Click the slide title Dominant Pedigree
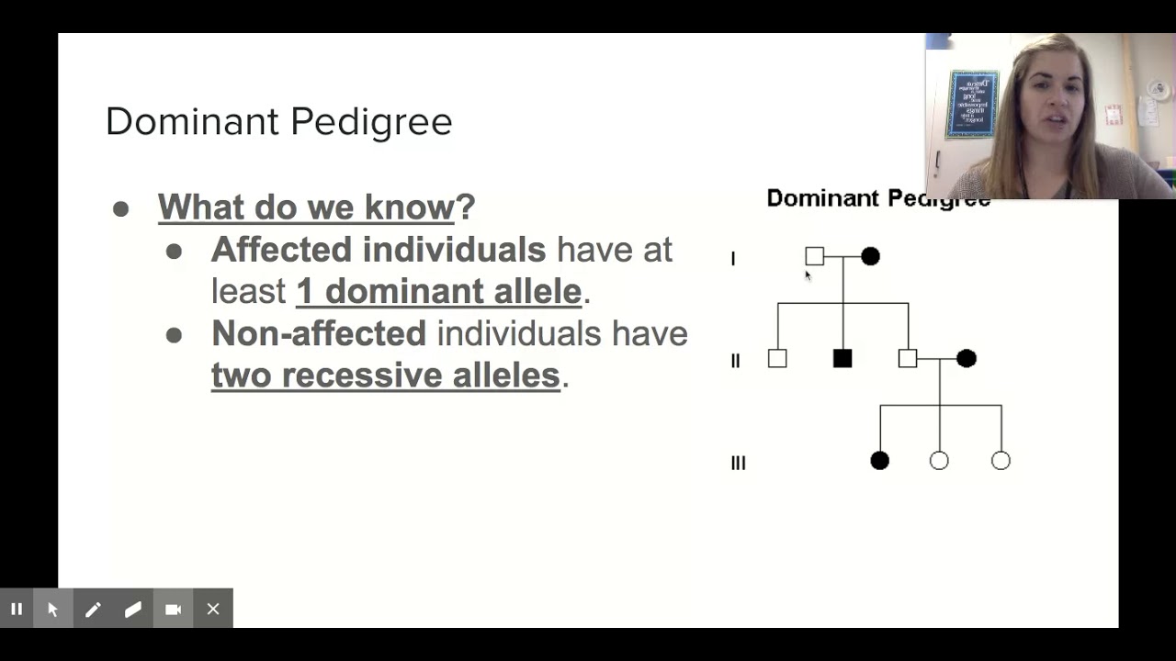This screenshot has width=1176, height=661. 278,121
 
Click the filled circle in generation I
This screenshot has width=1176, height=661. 870,256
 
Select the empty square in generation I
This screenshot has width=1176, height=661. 814,256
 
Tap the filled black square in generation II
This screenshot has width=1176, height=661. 842,358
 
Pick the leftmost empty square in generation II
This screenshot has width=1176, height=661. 777,358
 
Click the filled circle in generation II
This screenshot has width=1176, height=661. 966,358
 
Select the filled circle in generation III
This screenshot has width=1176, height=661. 879,460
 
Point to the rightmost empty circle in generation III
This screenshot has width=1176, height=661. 1001,460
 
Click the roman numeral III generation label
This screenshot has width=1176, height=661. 738,464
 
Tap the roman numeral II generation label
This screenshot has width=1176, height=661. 735,362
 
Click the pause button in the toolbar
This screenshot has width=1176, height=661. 17,609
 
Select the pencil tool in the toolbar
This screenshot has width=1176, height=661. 93,609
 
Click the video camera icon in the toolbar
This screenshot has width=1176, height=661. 173,609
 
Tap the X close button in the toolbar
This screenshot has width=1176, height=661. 213,609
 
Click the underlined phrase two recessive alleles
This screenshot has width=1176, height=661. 385,375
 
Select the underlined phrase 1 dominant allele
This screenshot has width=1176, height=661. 438,291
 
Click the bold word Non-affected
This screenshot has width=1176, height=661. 318,333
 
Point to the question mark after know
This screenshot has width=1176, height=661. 466,207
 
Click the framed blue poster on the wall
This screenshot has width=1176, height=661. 972,104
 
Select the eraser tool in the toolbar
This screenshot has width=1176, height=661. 133,609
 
